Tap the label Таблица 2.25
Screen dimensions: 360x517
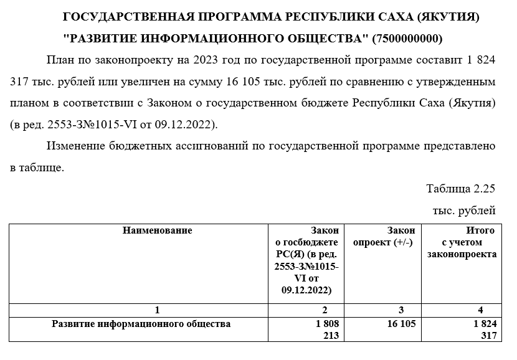460,189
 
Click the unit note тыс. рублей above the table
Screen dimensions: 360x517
464,211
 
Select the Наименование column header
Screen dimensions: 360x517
157,230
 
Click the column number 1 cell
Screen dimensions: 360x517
157,310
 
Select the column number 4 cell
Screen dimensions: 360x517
480,310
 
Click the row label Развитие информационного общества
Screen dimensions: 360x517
141,324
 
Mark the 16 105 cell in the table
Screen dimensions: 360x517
400,324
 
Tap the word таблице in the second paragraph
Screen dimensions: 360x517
41,168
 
